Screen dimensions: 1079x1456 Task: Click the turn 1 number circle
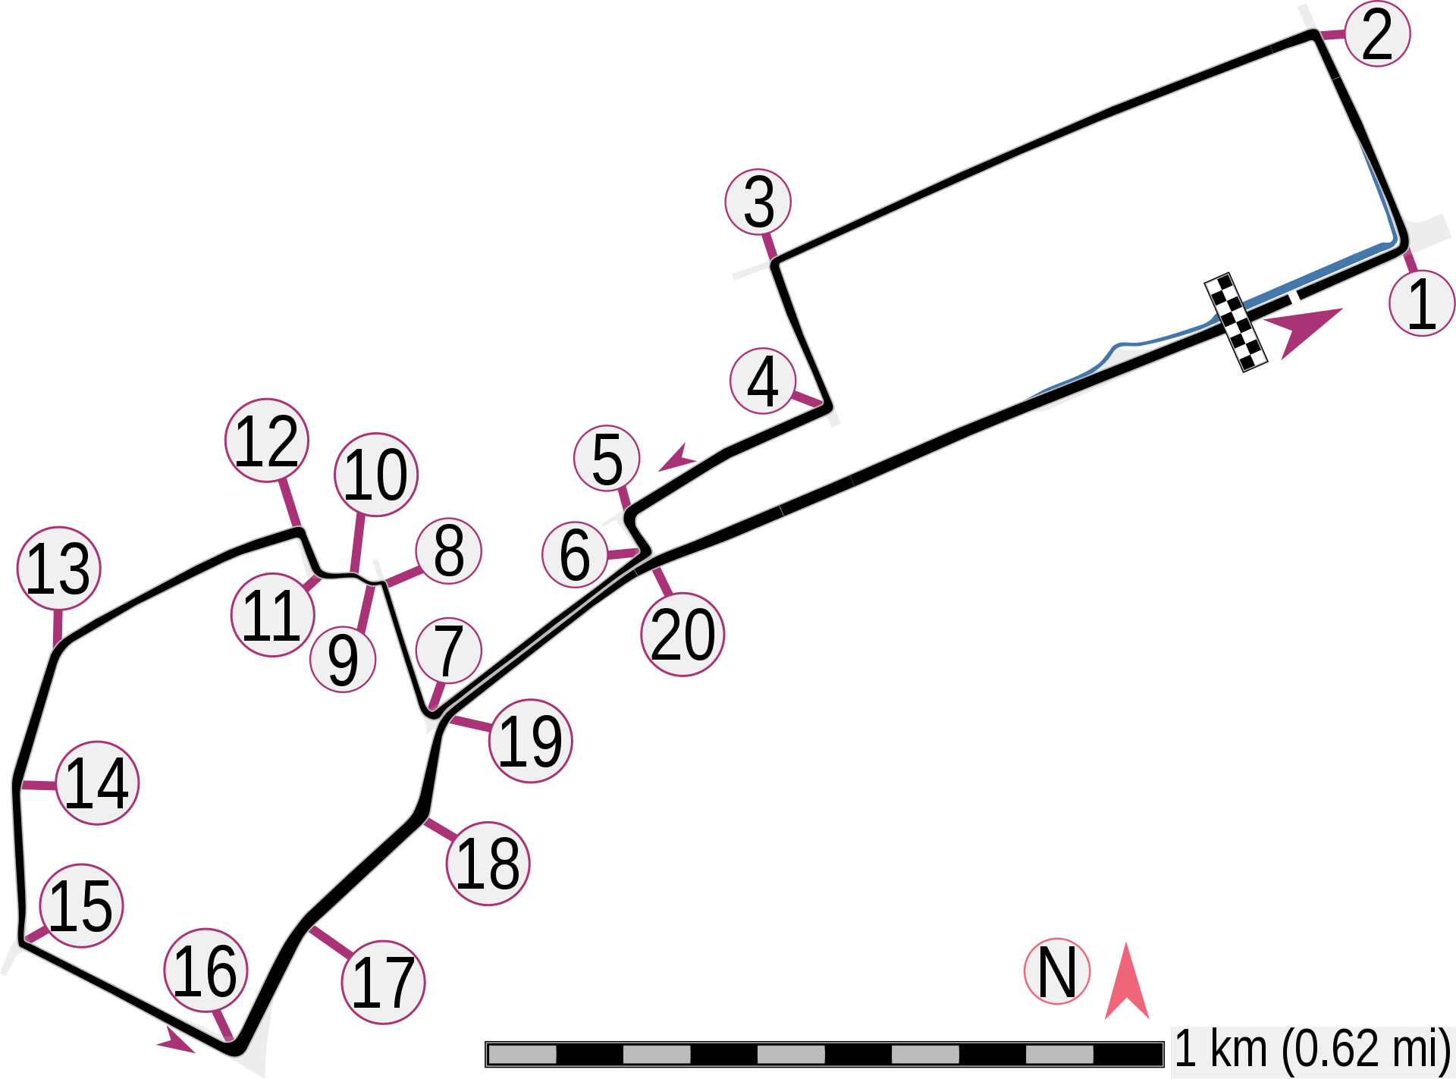pyautogui.click(x=1422, y=304)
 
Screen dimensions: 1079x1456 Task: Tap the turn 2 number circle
pyautogui.click(x=1376, y=34)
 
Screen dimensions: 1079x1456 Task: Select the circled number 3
pyautogui.click(x=758, y=202)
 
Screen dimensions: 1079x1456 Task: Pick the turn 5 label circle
pyautogui.click(x=607, y=460)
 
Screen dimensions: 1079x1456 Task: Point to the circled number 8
pyautogui.click(x=448, y=551)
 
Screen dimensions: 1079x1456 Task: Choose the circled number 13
pyautogui.click(x=59, y=569)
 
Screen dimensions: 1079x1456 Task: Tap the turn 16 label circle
pyautogui.click(x=206, y=971)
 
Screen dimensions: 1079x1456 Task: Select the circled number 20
pyautogui.click(x=682, y=635)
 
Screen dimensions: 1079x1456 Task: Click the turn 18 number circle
pyautogui.click(x=488, y=863)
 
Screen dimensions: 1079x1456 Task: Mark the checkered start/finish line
pyautogui.click(x=1236, y=322)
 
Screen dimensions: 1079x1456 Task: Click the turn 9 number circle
pyautogui.click(x=343, y=660)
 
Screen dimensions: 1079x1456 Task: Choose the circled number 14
pyautogui.click(x=98, y=783)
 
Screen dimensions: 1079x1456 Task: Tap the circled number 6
pyautogui.click(x=575, y=554)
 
